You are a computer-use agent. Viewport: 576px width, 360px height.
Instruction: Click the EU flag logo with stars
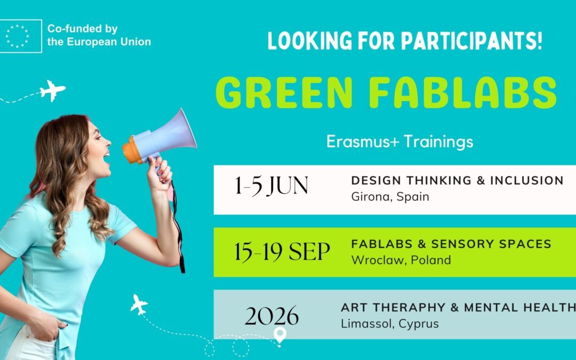coord(21,36)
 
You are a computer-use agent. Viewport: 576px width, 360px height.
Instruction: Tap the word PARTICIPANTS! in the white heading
coord(471,41)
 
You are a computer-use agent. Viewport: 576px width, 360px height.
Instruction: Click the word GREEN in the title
coord(284,93)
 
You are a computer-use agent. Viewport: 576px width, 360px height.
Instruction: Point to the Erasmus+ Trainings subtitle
coord(399,142)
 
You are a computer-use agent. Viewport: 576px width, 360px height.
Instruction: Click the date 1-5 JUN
coord(271,186)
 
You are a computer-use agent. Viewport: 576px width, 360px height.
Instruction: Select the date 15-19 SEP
coord(282,252)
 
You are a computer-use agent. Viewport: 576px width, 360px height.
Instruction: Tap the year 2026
coord(271,316)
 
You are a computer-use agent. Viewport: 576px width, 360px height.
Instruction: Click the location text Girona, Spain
coord(390,196)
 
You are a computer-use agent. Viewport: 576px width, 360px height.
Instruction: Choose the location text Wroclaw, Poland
coord(401,260)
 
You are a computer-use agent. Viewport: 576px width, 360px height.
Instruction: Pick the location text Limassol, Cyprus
coord(390,324)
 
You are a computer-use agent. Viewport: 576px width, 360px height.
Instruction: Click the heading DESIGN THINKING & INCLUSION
coord(458,180)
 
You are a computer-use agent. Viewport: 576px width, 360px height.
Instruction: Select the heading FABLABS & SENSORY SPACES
coord(451,244)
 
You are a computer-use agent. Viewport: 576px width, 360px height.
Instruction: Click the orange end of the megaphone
coord(132,149)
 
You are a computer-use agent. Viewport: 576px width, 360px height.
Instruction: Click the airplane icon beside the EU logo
coord(52,90)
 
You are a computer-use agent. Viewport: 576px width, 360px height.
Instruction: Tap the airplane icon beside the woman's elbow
coord(139,304)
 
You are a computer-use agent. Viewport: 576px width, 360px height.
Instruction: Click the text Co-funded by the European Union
coord(99,35)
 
